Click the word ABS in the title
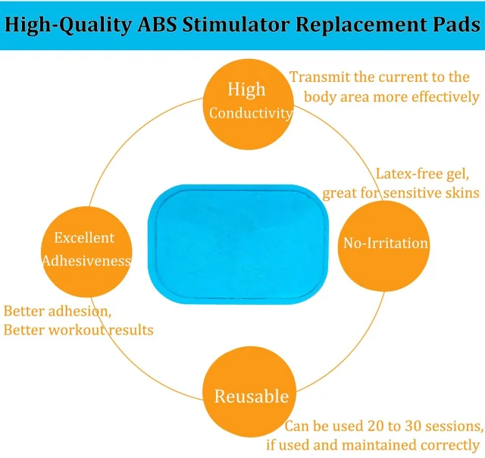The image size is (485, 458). [157, 24]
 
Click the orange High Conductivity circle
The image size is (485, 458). [249, 105]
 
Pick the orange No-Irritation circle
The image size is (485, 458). [383, 246]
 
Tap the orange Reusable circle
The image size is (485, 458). [249, 392]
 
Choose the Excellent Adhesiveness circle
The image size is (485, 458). [86, 252]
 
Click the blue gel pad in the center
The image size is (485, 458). [238, 244]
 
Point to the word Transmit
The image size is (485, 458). [320, 77]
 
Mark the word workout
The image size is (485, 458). [77, 330]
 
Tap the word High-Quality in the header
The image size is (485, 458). [68, 25]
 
